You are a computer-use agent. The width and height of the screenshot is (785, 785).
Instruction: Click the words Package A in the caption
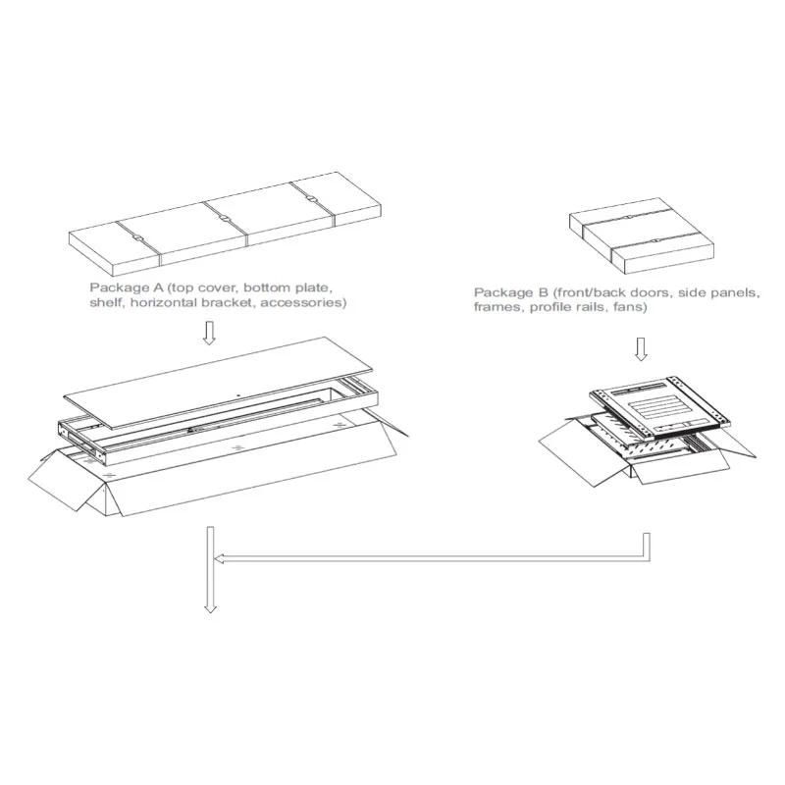coord(127,288)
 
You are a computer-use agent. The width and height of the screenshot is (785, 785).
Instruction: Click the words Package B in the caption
coord(511,292)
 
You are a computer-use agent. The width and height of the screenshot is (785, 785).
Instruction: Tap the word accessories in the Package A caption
coord(303,302)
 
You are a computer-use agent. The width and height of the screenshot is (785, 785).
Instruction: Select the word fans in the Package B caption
coord(630,306)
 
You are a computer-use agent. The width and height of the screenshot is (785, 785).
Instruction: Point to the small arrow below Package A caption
coord(209,333)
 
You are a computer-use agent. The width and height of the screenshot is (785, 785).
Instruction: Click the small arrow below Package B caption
coord(641,349)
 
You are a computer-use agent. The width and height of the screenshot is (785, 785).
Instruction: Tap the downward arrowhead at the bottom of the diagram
coord(210,608)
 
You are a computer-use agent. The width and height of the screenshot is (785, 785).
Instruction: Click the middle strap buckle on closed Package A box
coord(225,219)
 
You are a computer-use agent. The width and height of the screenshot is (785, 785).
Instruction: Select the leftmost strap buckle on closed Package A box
coord(137,238)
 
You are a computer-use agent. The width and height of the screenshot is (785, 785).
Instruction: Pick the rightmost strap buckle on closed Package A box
coord(312,199)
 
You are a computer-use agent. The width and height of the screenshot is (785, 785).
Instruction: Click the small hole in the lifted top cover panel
coord(238,395)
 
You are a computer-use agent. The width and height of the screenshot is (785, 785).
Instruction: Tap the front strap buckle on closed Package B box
coord(654,240)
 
